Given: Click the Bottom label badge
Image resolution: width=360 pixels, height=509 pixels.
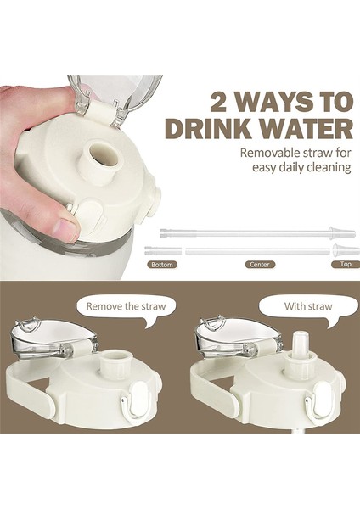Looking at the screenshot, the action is (162, 265).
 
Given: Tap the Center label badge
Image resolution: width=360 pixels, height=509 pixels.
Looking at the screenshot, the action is (260, 265).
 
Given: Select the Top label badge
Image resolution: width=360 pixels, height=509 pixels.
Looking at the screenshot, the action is (346, 264).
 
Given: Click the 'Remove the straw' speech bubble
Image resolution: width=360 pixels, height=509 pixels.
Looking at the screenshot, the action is (127, 307).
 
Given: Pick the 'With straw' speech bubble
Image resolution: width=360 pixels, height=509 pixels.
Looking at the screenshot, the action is (308, 306).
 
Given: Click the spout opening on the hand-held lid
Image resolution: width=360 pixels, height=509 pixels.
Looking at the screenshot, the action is (102, 154).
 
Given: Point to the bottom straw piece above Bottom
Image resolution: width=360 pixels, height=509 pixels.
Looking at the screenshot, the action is (163, 250).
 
